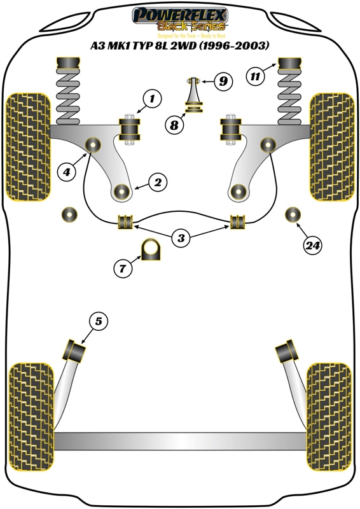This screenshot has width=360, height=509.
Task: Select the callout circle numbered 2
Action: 157,183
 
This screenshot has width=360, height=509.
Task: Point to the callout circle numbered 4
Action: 67,170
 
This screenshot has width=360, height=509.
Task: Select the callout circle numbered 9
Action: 223,81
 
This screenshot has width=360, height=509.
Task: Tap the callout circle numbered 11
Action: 255,78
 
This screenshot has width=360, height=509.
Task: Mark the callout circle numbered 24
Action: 312,245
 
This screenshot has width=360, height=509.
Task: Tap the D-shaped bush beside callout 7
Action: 151,249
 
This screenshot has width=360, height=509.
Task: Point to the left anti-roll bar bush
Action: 126,221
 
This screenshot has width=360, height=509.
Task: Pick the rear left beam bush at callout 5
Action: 76,350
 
